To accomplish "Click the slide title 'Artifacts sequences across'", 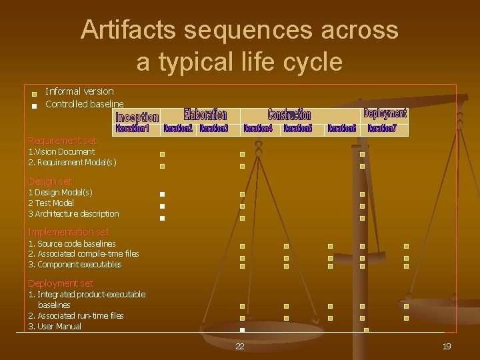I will (x=239, y=30).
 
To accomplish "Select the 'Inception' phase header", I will (x=137, y=117).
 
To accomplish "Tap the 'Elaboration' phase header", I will (x=205, y=115).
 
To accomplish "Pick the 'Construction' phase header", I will (x=289, y=115).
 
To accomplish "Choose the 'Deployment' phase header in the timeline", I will (x=385, y=113).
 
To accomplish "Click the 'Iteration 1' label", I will (x=132, y=127).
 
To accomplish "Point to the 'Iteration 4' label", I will (x=258, y=128).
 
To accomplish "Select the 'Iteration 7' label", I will (x=382, y=128).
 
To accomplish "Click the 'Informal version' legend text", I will (x=79, y=91).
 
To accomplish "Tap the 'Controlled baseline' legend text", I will (x=85, y=104).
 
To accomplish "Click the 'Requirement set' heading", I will (x=62, y=141).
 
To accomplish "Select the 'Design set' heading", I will (x=50, y=181).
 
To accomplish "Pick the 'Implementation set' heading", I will (x=68, y=232).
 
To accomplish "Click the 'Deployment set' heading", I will (x=61, y=283).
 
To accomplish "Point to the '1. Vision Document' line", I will (x=61, y=152).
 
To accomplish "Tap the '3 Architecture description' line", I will (x=73, y=214).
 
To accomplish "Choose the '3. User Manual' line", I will (x=55, y=327).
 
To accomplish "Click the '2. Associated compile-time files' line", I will (x=83, y=254).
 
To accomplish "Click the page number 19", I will (x=447, y=346).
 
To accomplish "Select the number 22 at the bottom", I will (x=239, y=347).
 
